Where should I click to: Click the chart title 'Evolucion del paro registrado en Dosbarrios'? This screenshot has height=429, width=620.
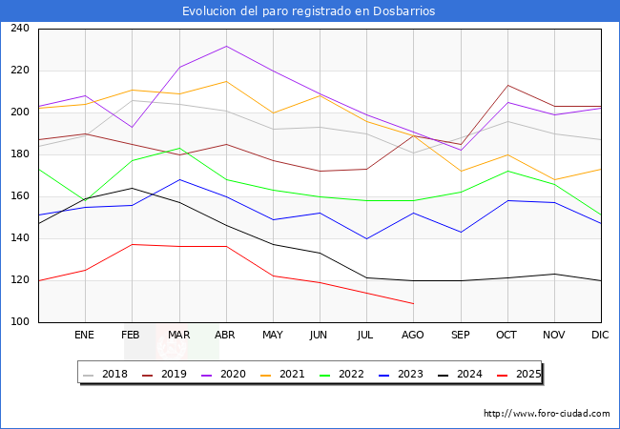(309, 11)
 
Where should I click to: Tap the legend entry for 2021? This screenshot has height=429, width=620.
(284, 374)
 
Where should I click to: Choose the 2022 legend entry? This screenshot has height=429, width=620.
(341, 374)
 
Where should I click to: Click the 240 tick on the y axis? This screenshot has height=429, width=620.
(19, 29)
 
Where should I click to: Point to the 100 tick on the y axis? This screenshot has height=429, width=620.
(19, 322)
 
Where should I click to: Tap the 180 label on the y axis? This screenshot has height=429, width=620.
(19, 154)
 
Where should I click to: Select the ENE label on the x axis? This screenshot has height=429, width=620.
(85, 336)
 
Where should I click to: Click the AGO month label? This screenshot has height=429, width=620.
(413, 336)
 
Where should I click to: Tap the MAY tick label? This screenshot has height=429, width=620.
(273, 336)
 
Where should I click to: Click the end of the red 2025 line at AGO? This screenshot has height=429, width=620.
(413, 303)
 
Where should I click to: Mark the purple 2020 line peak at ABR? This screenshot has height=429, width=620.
(226, 46)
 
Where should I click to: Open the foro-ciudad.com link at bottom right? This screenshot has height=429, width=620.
(547, 414)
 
